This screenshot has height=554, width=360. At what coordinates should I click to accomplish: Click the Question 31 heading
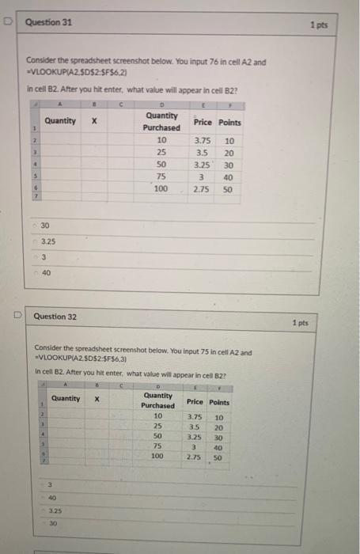click(x=50, y=23)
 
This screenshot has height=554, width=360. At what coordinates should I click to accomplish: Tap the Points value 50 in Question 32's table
click(x=219, y=457)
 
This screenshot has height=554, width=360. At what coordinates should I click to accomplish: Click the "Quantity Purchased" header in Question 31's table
click(x=161, y=120)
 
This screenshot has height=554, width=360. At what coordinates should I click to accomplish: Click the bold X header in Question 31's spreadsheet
click(x=94, y=121)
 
